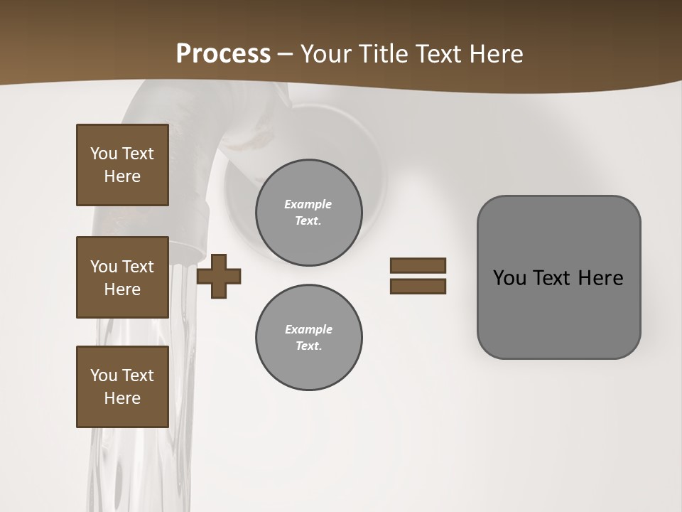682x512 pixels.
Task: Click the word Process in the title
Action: [x=223, y=54]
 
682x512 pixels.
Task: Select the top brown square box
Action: [x=122, y=165]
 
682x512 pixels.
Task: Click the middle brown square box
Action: [x=122, y=277]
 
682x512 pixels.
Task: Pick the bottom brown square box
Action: [x=122, y=387]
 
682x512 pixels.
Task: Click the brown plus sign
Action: [x=219, y=277]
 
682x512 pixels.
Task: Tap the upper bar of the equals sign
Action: [x=418, y=266]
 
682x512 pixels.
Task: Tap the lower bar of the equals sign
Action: [x=418, y=287]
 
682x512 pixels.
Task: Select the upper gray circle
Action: [x=308, y=212]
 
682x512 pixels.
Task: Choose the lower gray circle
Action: [x=308, y=337]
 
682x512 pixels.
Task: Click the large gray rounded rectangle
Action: [x=558, y=277]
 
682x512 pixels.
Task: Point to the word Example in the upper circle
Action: [x=308, y=204]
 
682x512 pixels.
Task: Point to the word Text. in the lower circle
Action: [x=308, y=346]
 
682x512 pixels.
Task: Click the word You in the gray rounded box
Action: [x=509, y=278]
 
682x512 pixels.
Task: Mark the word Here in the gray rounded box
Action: [x=600, y=278]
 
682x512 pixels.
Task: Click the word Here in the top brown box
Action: [x=122, y=176]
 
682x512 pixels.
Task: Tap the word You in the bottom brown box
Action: [x=103, y=375]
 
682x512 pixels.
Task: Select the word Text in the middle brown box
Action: [x=137, y=267]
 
